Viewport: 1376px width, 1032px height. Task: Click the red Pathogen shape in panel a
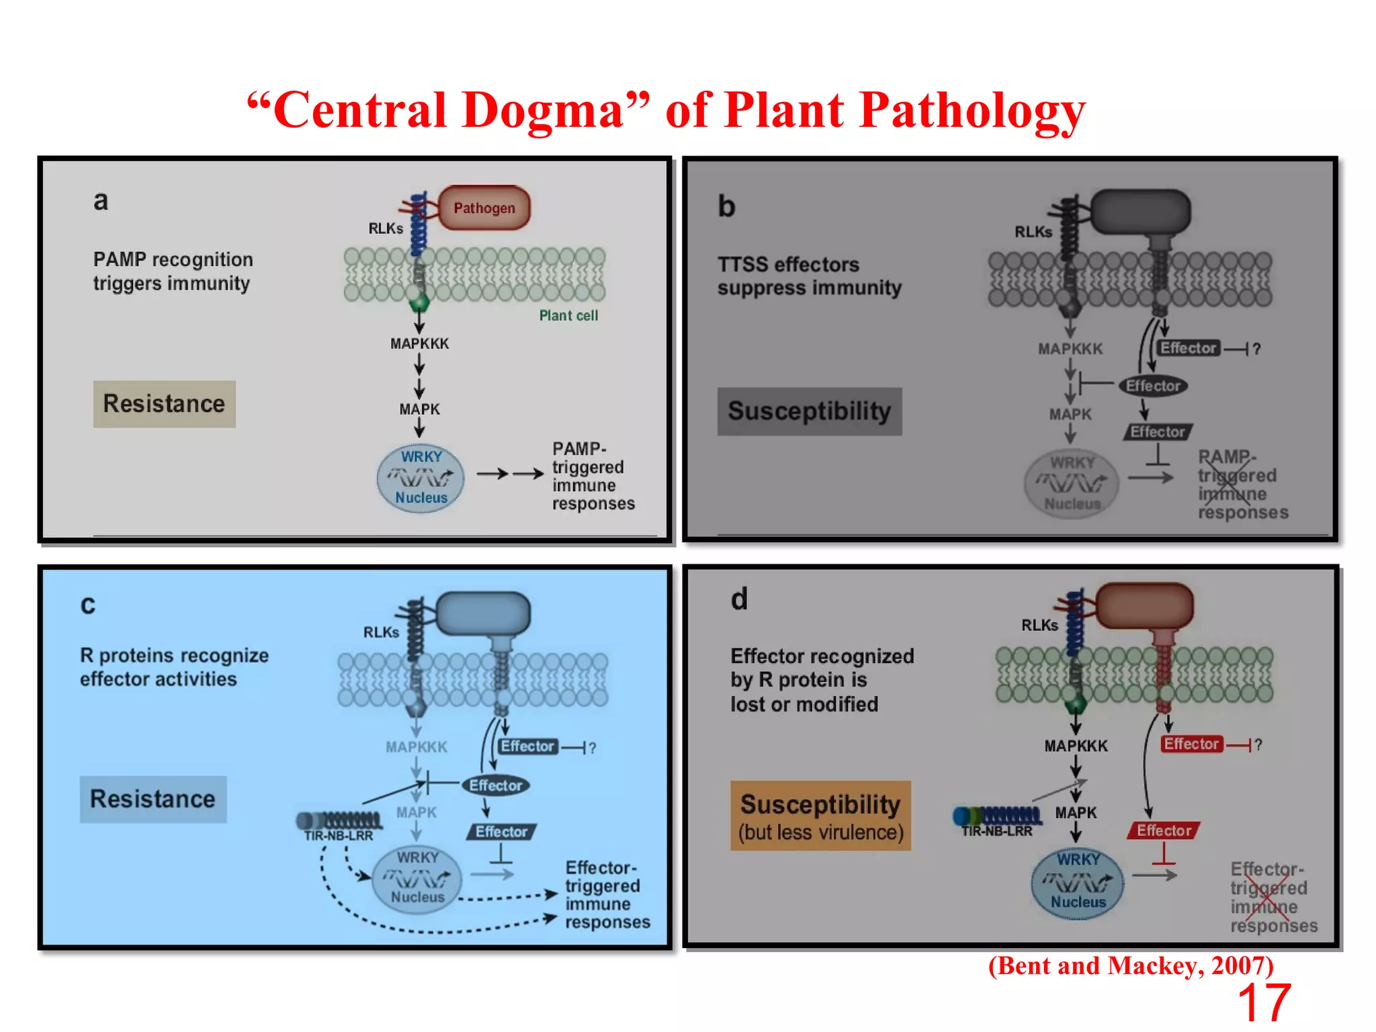[484, 208]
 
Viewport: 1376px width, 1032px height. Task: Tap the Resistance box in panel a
[164, 404]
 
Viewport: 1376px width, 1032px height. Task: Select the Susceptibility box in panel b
[809, 411]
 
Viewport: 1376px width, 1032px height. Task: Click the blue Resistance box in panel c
[153, 799]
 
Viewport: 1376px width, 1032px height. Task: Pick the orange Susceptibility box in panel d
[820, 816]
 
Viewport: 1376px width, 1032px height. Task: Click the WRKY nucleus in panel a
[421, 478]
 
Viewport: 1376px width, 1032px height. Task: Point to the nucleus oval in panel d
[1078, 883]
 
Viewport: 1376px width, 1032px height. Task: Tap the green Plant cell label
[568, 316]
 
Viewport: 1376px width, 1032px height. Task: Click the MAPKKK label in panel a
[419, 344]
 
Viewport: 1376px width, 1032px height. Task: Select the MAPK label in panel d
[1076, 813]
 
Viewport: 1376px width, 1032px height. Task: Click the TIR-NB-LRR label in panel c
[338, 836]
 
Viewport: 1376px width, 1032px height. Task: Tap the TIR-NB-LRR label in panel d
[996, 831]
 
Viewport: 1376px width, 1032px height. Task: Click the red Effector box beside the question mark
[1191, 744]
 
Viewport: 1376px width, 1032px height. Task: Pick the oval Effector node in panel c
[495, 785]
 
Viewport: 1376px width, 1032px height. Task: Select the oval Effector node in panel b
[1153, 386]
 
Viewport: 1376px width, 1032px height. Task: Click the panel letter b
[726, 206]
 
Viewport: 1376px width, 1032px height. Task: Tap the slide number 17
[1264, 1002]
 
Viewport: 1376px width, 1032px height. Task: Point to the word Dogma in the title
[543, 110]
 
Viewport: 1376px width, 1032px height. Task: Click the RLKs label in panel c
[381, 632]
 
